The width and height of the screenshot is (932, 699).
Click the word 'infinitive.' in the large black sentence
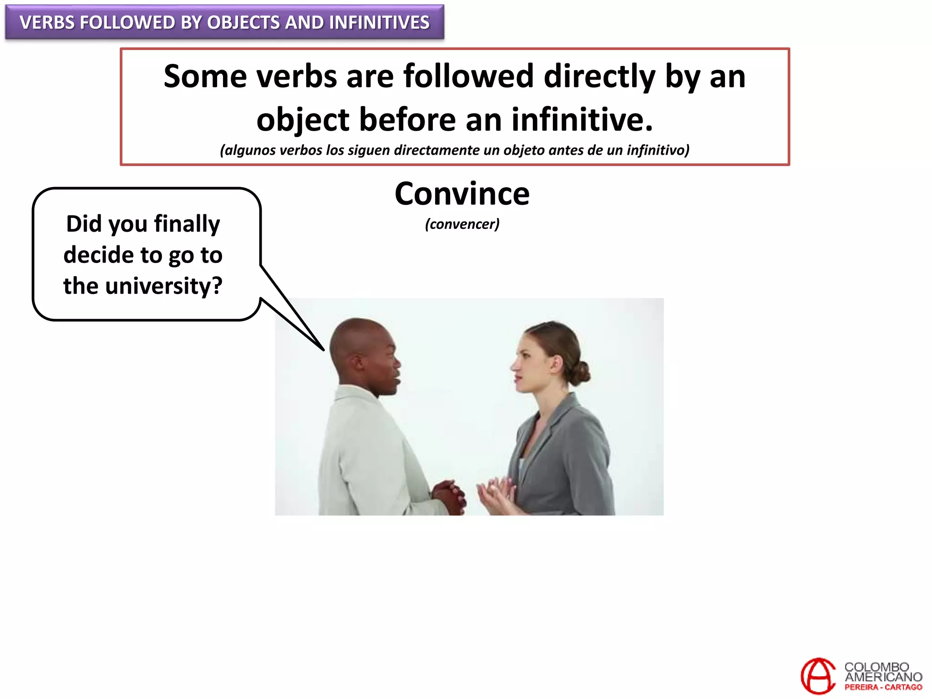[582, 120]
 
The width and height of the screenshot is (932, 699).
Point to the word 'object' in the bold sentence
[303, 120]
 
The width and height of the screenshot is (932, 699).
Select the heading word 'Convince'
[462, 194]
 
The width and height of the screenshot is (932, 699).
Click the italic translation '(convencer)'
[462, 224]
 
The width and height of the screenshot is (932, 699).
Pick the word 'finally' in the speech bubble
[187, 224]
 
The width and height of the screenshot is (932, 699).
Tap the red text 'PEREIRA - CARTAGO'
[883, 688]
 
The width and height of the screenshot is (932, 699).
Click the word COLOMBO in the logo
[876, 667]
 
